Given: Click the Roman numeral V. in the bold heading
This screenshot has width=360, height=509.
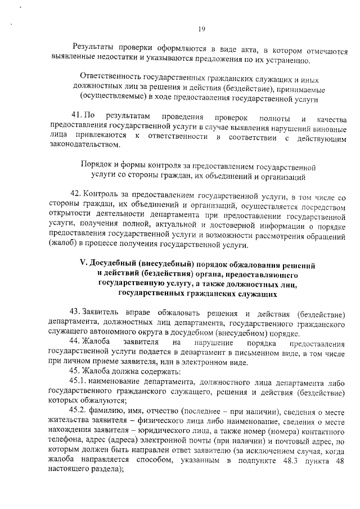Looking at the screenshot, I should [x=84, y=265].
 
